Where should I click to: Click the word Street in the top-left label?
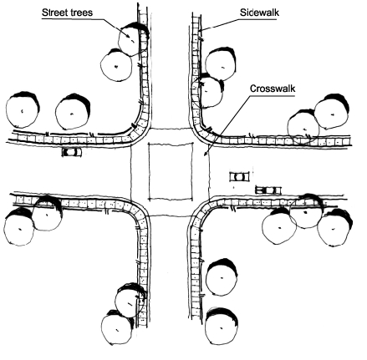pyautogui.click(x=54, y=13)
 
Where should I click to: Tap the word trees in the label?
pyautogui.click(x=81, y=13)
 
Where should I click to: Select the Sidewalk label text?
pyautogui.click(x=259, y=13)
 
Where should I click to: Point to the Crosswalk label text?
pyautogui.click(x=273, y=89)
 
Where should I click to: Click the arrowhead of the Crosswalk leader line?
pyautogui.click(x=206, y=154)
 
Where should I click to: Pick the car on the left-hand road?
pyautogui.click(x=72, y=152)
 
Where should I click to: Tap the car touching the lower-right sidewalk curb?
pyautogui.click(x=268, y=190)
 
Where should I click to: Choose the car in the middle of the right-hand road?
pyautogui.click(x=239, y=177)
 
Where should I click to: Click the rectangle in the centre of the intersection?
pyautogui.click(x=171, y=171)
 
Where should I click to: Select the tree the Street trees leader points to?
pyautogui.click(x=133, y=39)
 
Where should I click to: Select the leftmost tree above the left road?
pyautogui.click(x=23, y=109)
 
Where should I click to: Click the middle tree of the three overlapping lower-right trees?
pyautogui.click(x=306, y=211)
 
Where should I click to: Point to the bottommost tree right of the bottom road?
pyautogui.click(x=222, y=326)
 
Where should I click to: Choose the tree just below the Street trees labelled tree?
pyautogui.click(x=116, y=65)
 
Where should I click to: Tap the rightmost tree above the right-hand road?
pyautogui.click(x=332, y=112)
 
